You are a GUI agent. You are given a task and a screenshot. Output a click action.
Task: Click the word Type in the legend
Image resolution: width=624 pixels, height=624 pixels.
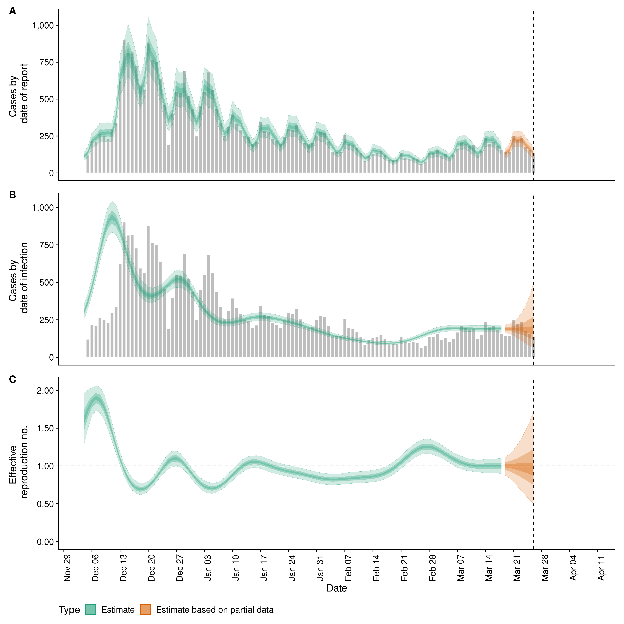tap(69, 610)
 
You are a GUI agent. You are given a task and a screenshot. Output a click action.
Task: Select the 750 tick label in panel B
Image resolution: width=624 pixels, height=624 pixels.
tap(47, 245)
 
